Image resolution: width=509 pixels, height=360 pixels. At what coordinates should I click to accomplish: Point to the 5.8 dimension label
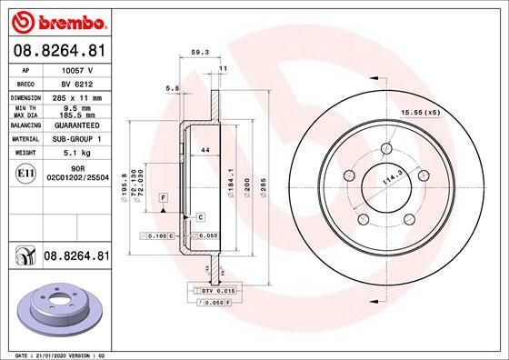point(172,88)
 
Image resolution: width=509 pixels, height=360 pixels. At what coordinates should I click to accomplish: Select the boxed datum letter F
point(164,197)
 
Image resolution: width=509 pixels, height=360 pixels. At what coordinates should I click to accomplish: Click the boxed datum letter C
point(200,216)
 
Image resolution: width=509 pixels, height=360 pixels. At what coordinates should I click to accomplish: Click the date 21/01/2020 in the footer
point(54,353)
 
